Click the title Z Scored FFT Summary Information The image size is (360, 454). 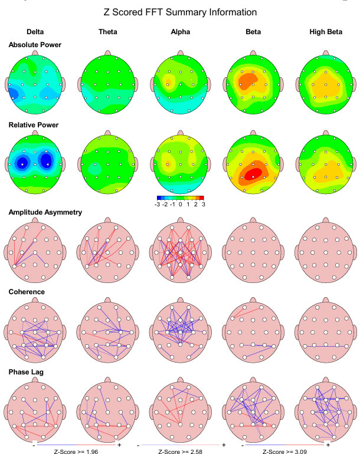pyautogui.click(x=181, y=12)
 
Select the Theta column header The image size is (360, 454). pyautogui.click(x=107, y=32)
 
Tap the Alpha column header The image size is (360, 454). pyautogui.click(x=179, y=32)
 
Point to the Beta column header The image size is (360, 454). pyautogui.click(x=253, y=32)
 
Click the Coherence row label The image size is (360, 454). pyautogui.click(x=27, y=291)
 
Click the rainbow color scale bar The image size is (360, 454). pyautogui.click(x=180, y=198)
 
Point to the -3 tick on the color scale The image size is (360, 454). pyautogui.click(x=158, y=204)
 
